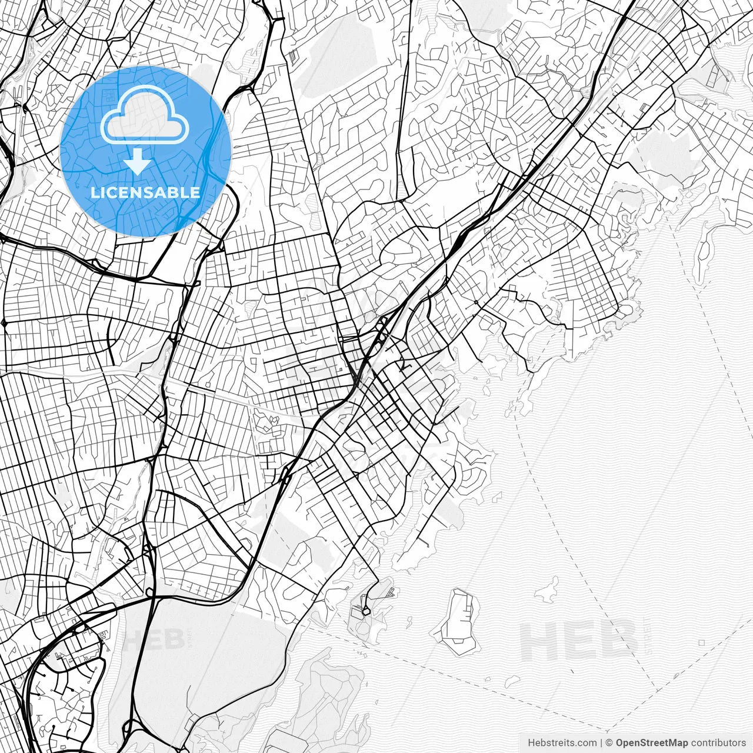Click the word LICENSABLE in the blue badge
point(145,192)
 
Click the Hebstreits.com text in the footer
point(562,742)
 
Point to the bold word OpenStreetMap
point(651,742)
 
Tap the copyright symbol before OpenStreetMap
point(609,742)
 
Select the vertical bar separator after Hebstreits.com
point(601,742)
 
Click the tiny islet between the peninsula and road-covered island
point(408,619)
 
